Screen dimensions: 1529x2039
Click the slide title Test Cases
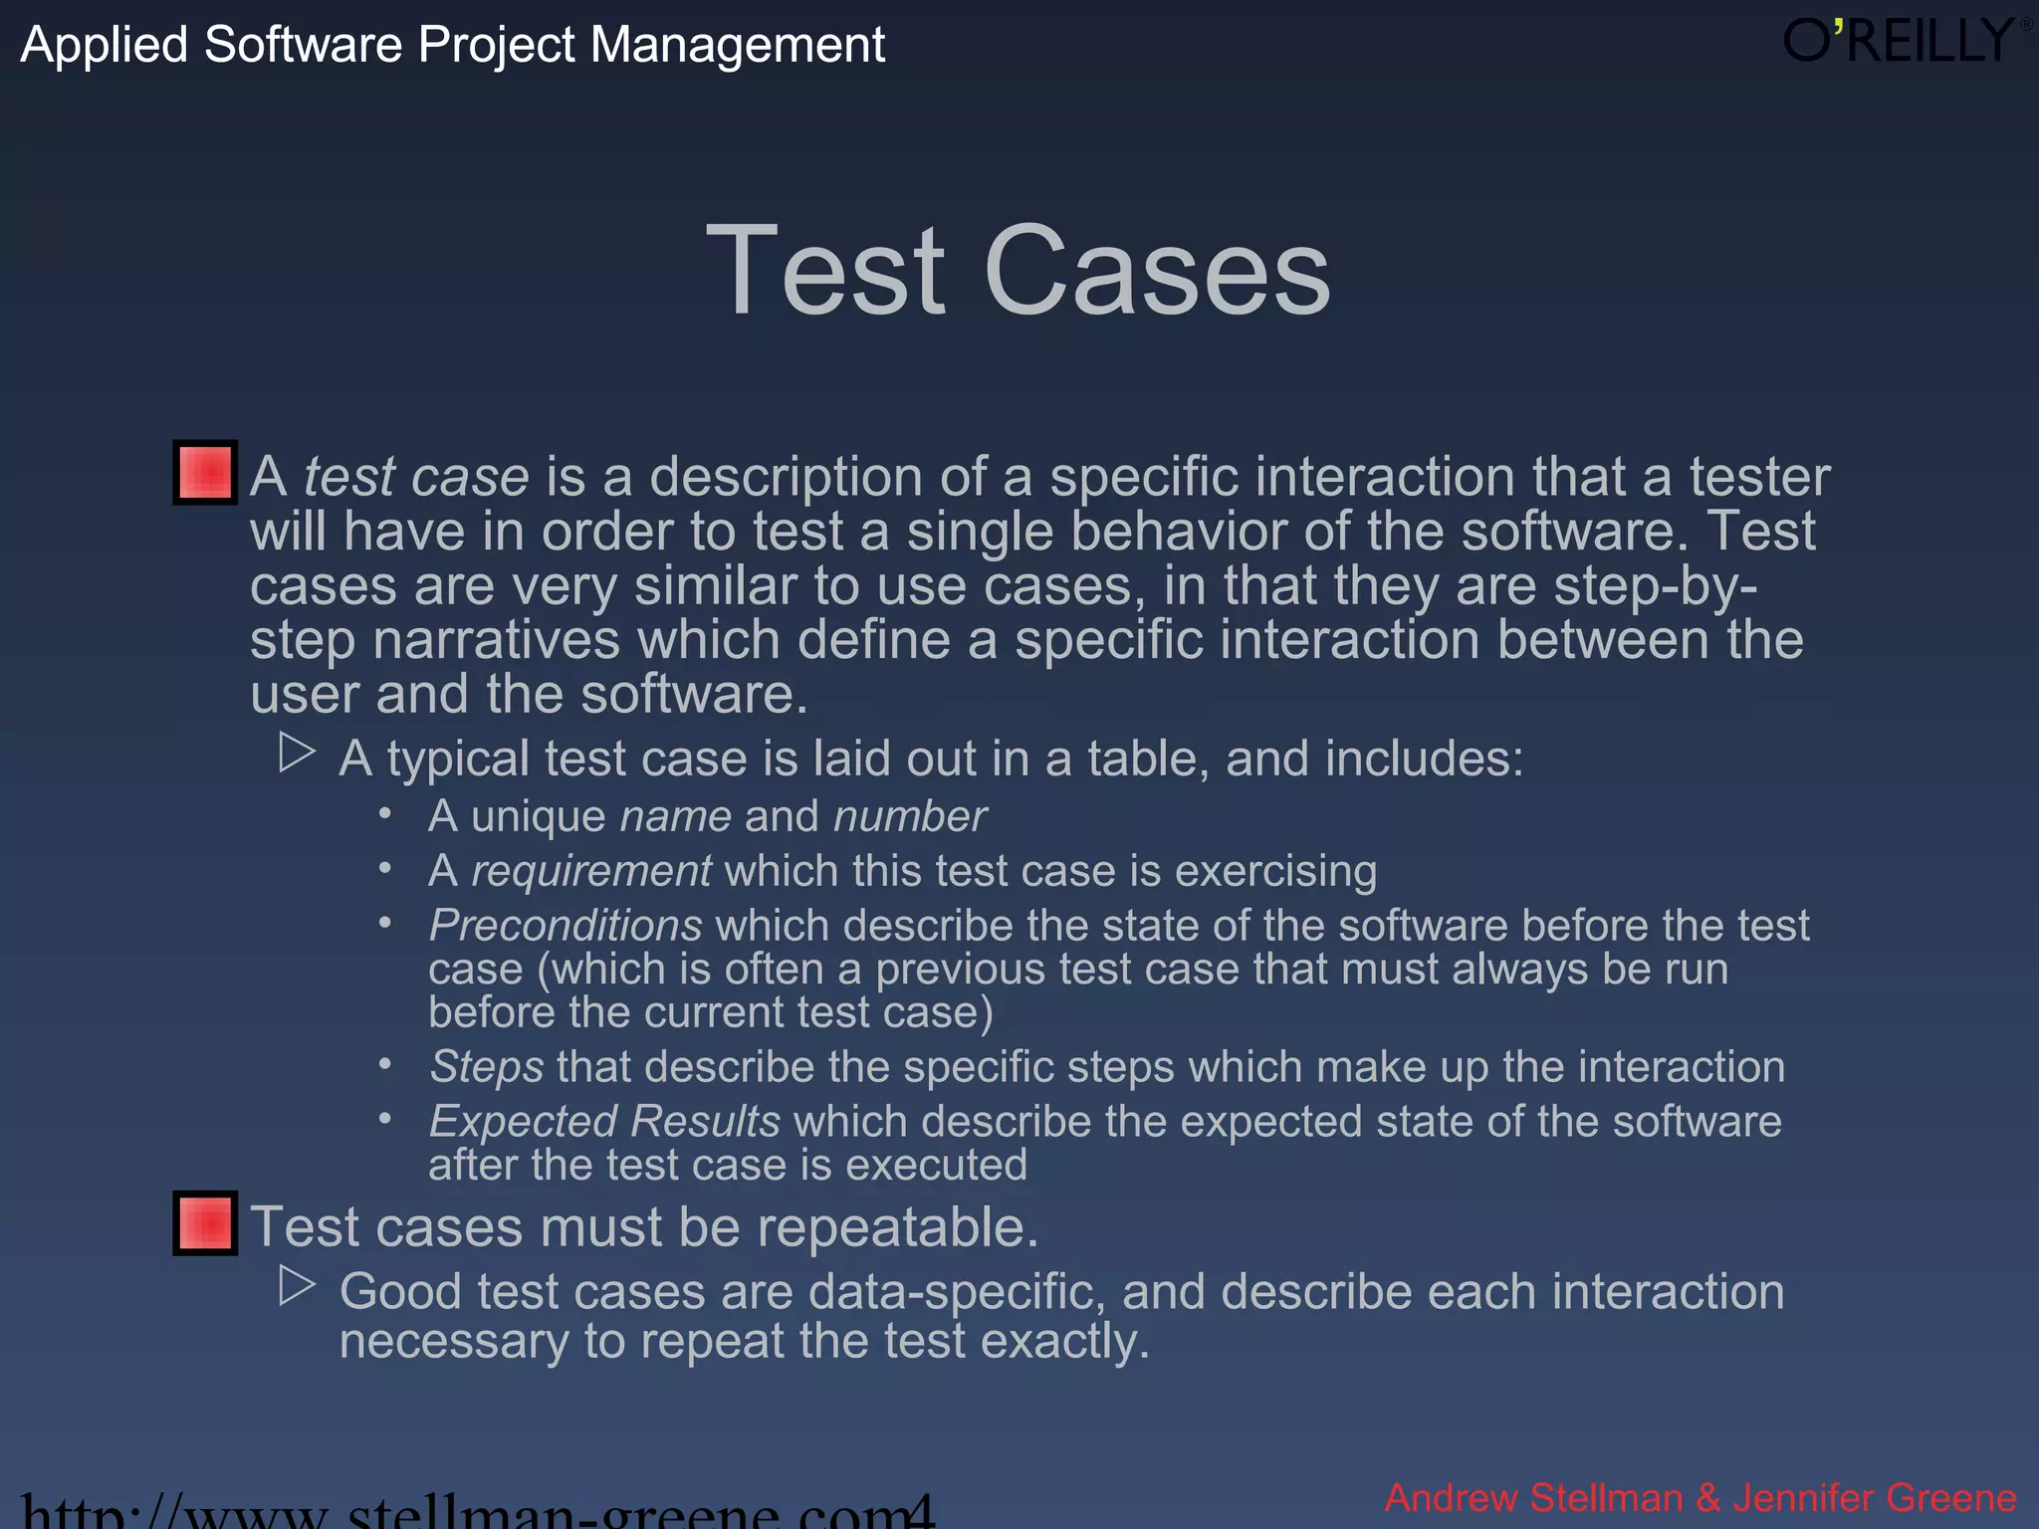pos(1018,271)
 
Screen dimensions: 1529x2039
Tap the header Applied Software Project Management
pos(453,45)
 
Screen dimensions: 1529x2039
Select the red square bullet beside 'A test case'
pos(205,472)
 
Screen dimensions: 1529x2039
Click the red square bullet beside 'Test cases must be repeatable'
pos(205,1222)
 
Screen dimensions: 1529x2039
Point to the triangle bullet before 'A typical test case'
pos(297,754)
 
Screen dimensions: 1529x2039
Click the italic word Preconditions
pos(566,926)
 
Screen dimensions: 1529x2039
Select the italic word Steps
pos(487,1067)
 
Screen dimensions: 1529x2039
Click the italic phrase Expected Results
pos(604,1122)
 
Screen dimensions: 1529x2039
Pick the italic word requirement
pos(591,871)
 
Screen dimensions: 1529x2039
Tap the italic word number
pos(910,816)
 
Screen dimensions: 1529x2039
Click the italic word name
pos(675,816)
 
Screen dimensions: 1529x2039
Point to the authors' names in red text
pos(1700,1498)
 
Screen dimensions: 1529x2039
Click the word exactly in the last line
pos(1064,1341)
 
